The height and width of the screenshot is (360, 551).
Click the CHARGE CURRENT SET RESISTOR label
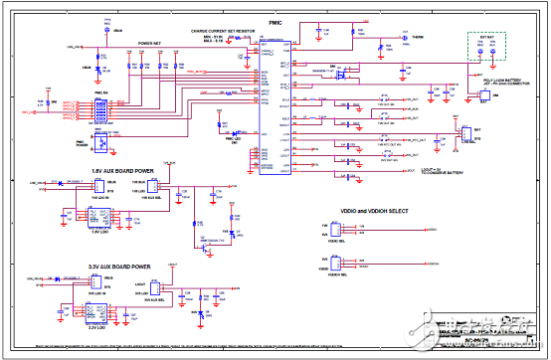(229, 32)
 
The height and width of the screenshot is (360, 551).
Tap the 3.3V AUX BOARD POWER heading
(120, 268)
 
